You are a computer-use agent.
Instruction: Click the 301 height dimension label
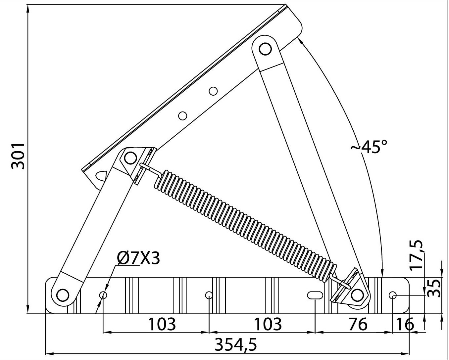tap(18, 156)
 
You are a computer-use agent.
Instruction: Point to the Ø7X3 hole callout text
tap(138, 258)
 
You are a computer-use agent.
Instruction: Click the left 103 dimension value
tap(162, 324)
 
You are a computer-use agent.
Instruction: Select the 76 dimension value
tap(358, 324)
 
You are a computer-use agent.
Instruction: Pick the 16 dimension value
tap(405, 324)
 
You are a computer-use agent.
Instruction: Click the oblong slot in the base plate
tap(315, 295)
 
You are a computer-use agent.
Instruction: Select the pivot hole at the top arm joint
tap(265, 49)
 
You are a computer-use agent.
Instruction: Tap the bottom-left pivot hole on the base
tap(62, 294)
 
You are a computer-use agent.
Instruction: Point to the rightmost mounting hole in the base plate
tap(392, 295)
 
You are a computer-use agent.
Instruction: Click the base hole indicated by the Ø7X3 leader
tap(103, 295)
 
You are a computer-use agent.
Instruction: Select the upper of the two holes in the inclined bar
tap(213, 91)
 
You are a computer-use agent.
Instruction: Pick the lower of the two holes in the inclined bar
tap(182, 115)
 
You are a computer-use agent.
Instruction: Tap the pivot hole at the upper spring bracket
tap(130, 157)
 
